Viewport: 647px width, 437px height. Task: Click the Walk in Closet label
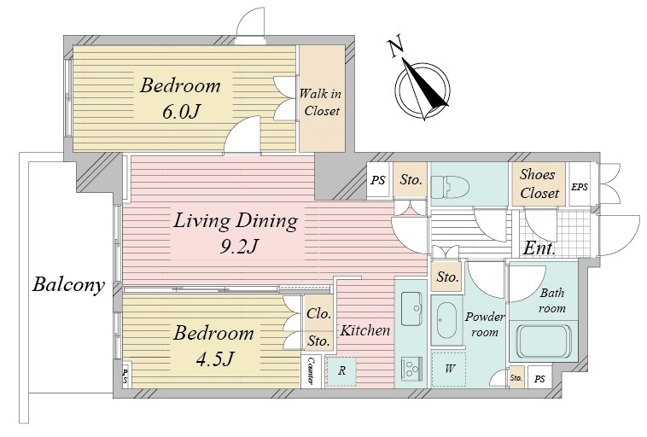point(321,102)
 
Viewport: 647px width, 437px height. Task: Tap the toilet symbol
point(449,187)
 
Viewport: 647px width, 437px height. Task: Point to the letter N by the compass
point(396,48)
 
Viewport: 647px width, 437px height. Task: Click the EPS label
point(580,187)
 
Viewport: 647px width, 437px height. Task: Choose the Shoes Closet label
point(539,184)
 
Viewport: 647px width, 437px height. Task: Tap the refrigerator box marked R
point(341,370)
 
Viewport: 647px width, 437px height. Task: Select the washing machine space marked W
point(449,369)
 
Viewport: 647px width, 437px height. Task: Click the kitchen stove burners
point(411,369)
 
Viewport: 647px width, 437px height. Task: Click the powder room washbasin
point(446,320)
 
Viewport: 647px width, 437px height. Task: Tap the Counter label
point(312,370)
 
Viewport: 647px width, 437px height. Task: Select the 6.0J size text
point(181,112)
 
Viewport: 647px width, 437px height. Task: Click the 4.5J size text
point(215,358)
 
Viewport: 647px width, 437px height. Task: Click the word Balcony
point(68,285)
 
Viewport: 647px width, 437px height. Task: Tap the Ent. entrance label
point(539,248)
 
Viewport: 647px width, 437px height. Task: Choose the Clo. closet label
point(319,313)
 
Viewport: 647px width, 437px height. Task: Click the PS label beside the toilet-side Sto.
point(377,180)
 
